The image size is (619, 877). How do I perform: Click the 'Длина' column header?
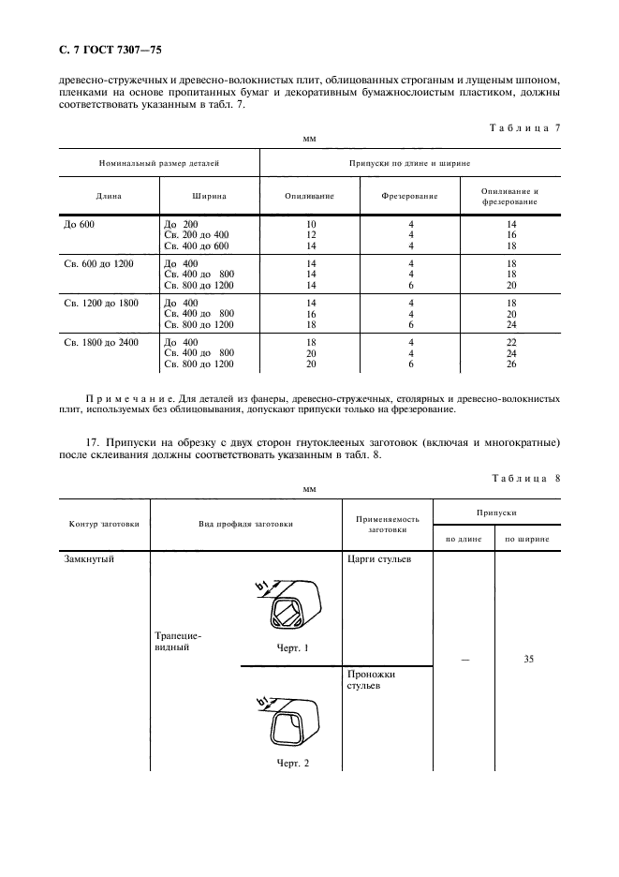109,197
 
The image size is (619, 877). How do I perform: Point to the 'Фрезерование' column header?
410,197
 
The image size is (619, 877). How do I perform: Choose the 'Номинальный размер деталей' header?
159,163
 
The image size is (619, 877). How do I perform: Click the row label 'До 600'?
80,225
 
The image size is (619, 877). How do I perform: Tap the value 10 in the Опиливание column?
311,225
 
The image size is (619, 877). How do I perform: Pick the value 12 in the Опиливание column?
311,235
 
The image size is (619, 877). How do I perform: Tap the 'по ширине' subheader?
527,539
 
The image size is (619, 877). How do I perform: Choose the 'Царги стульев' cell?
377,559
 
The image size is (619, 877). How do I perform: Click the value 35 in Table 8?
528,660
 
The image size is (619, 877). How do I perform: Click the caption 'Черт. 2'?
292,762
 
